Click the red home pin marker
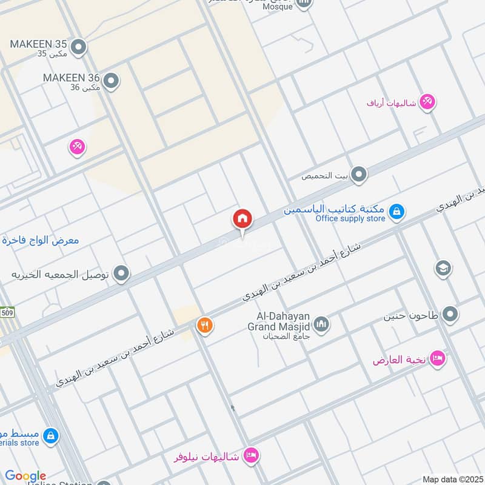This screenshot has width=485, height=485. point(242,219)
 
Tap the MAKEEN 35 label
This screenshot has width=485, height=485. point(38,44)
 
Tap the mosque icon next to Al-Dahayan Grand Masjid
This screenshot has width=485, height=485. point(321,324)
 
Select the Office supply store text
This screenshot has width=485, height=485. point(350,219)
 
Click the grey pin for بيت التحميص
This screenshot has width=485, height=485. point(360,175)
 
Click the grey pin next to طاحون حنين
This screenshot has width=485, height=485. point(450,314)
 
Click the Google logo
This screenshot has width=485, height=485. point(25,476)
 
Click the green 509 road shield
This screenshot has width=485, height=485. point(7,313)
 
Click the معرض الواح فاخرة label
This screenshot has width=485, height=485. point(40,240)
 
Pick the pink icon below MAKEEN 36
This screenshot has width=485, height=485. point(77,146)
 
